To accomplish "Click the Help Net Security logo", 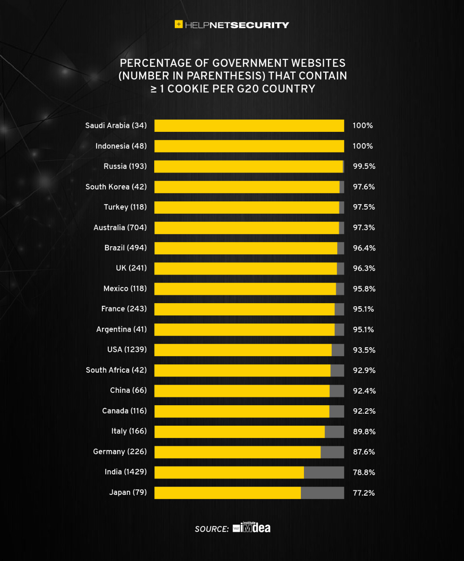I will click(x=232, y=25).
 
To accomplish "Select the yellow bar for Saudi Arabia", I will click(x=249, y=126).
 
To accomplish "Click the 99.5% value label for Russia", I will click(x=364, y=166).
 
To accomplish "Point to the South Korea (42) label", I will click(x=116, y=187).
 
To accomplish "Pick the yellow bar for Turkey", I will click(x=247, y=207).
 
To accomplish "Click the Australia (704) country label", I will click(x=120, y=227).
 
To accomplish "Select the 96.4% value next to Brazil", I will click(x=364, y=248).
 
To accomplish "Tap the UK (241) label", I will click(x=131, y=268).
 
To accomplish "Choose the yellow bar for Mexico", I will click(x=245, y=289).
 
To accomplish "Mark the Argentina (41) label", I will click(x=121, y=329).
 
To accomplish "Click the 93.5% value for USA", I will click(x=364, y=350).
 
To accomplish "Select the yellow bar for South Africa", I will click(x=242, y=370).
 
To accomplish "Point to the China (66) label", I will click(x=128, y=390).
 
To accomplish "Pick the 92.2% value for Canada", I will click(x=364, y=411).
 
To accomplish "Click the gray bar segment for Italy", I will click(x=334, y=431).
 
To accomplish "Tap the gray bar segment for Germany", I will click(x=332, y=452).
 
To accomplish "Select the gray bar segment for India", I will click(x=324, y=472).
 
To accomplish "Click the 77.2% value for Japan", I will click(x=363, y=493).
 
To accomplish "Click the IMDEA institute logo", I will click(x=252, y=528).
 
